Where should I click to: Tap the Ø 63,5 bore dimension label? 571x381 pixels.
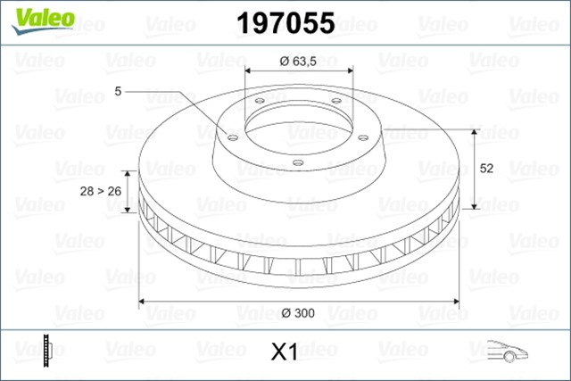coord(296,62)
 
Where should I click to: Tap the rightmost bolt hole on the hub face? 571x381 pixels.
coord(364,137)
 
